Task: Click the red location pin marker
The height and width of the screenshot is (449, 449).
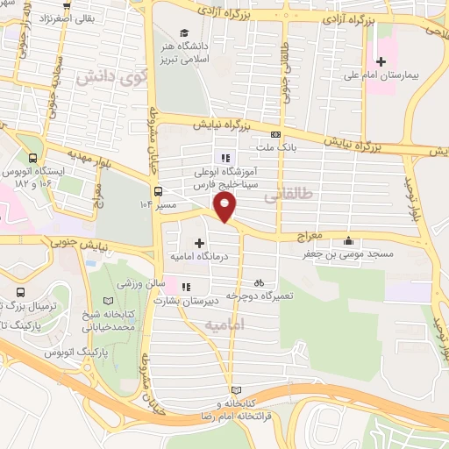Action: pos(225,207)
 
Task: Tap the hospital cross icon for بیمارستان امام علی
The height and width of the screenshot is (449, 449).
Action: pos(381,61)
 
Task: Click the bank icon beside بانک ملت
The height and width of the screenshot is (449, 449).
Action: pos(275,135)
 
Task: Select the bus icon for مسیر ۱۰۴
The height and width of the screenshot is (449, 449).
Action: pos(158,190)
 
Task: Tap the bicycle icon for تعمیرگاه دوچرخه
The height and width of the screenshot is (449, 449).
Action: pos(259,283)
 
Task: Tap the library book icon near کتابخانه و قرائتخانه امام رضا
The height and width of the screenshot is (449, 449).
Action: pos(233,389)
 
